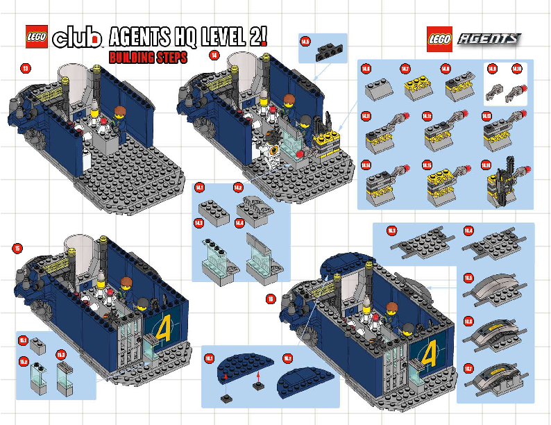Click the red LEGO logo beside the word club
point(37,36)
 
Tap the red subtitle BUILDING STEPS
point(148,58)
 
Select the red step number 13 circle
point(26,68)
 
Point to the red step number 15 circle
point(17,248)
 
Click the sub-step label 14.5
point(305,42)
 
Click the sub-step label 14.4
point(239,223)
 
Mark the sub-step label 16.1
point(210,357)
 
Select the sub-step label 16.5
point(468,278)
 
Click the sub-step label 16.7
point(468,368)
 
